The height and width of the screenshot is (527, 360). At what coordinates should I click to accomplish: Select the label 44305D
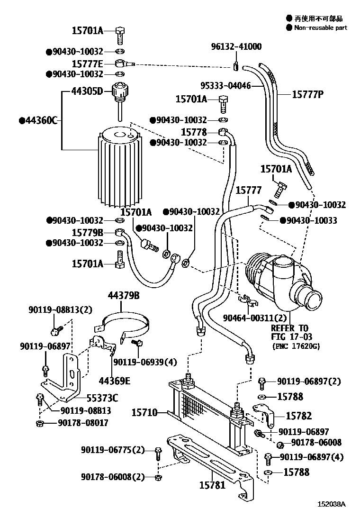(87, 91)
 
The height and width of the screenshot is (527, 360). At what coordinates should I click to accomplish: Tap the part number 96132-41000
(236, 46)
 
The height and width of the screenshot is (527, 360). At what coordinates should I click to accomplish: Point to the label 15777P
(307, 94)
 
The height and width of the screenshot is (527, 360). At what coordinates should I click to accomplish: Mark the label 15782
(299, 416)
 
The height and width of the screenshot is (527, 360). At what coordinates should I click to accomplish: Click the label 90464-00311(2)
(255, 318)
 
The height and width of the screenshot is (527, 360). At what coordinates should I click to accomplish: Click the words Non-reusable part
(320, 28)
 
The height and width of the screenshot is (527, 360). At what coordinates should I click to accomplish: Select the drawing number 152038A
(332, 517)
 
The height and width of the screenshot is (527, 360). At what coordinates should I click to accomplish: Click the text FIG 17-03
(289, 336)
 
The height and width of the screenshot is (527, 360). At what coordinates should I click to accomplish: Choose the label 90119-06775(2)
(112, 450)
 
